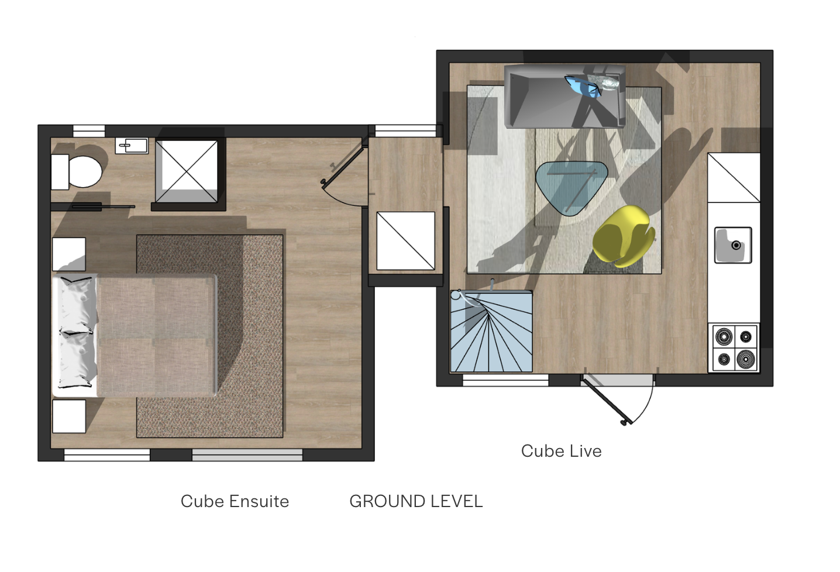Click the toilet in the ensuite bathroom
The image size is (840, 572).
(x=77, y=172)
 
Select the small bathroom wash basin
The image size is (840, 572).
(x=132, y=146)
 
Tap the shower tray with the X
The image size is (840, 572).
(x=187, y=172)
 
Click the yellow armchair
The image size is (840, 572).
(x=623, y=236)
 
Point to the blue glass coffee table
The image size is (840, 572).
(x=571, y=187)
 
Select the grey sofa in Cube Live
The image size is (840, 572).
(x=564, y=96)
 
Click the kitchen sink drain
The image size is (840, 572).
(x=736, y=246)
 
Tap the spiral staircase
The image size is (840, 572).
(x=491, y=332)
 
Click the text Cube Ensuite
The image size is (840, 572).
(x=235, y=502)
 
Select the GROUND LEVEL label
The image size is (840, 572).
(x=416, y=502)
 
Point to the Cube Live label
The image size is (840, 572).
(x=561, y=451)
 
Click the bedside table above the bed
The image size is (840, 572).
(x=69, y=254)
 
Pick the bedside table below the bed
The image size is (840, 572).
(x=69, y=416)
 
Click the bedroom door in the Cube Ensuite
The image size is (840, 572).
(x=343, y=166)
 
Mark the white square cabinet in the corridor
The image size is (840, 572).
(x=406, y=240)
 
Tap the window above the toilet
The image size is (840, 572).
(x=89, y=131)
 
